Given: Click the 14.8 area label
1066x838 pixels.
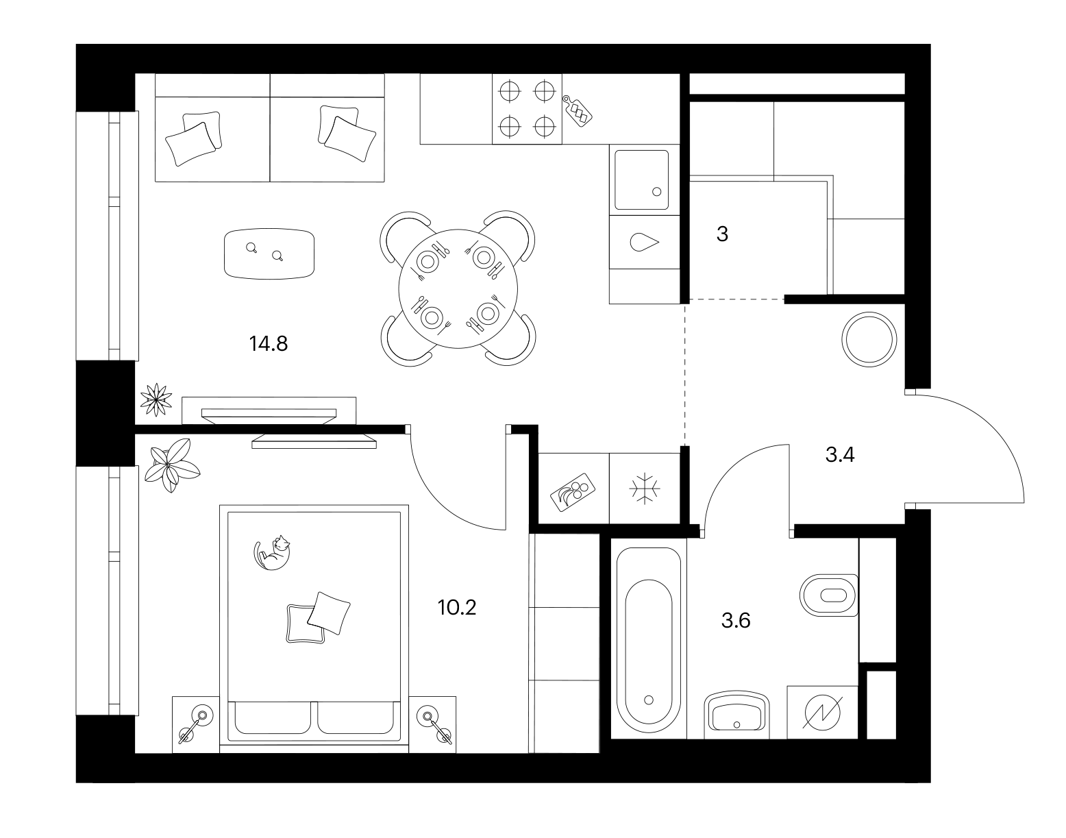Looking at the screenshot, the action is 269,343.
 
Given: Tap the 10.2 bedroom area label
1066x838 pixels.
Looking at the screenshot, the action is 457,608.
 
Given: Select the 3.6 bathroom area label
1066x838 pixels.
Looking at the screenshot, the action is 736,621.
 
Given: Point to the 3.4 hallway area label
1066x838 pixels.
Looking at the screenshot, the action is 840,455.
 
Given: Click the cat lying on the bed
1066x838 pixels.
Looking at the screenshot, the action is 272,552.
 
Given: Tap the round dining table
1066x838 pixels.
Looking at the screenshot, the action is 458,288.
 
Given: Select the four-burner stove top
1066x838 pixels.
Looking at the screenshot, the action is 527,109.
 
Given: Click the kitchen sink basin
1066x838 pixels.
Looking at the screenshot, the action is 642,180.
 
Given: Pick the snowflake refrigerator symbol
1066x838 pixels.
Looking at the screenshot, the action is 645,488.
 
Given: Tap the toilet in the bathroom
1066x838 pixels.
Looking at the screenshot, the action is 828,595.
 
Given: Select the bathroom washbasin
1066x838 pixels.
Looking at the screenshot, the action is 736,716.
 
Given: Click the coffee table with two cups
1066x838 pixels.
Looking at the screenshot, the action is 269,254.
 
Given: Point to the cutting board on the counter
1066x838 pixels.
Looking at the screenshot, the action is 578,111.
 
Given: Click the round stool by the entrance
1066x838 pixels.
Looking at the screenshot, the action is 869,339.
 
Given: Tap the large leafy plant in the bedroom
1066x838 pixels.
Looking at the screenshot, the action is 170,465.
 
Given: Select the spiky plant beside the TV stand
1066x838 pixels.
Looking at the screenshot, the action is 156,399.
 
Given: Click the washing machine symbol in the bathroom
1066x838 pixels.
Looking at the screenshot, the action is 823,713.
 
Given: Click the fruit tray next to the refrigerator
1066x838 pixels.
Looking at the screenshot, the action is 573,492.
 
